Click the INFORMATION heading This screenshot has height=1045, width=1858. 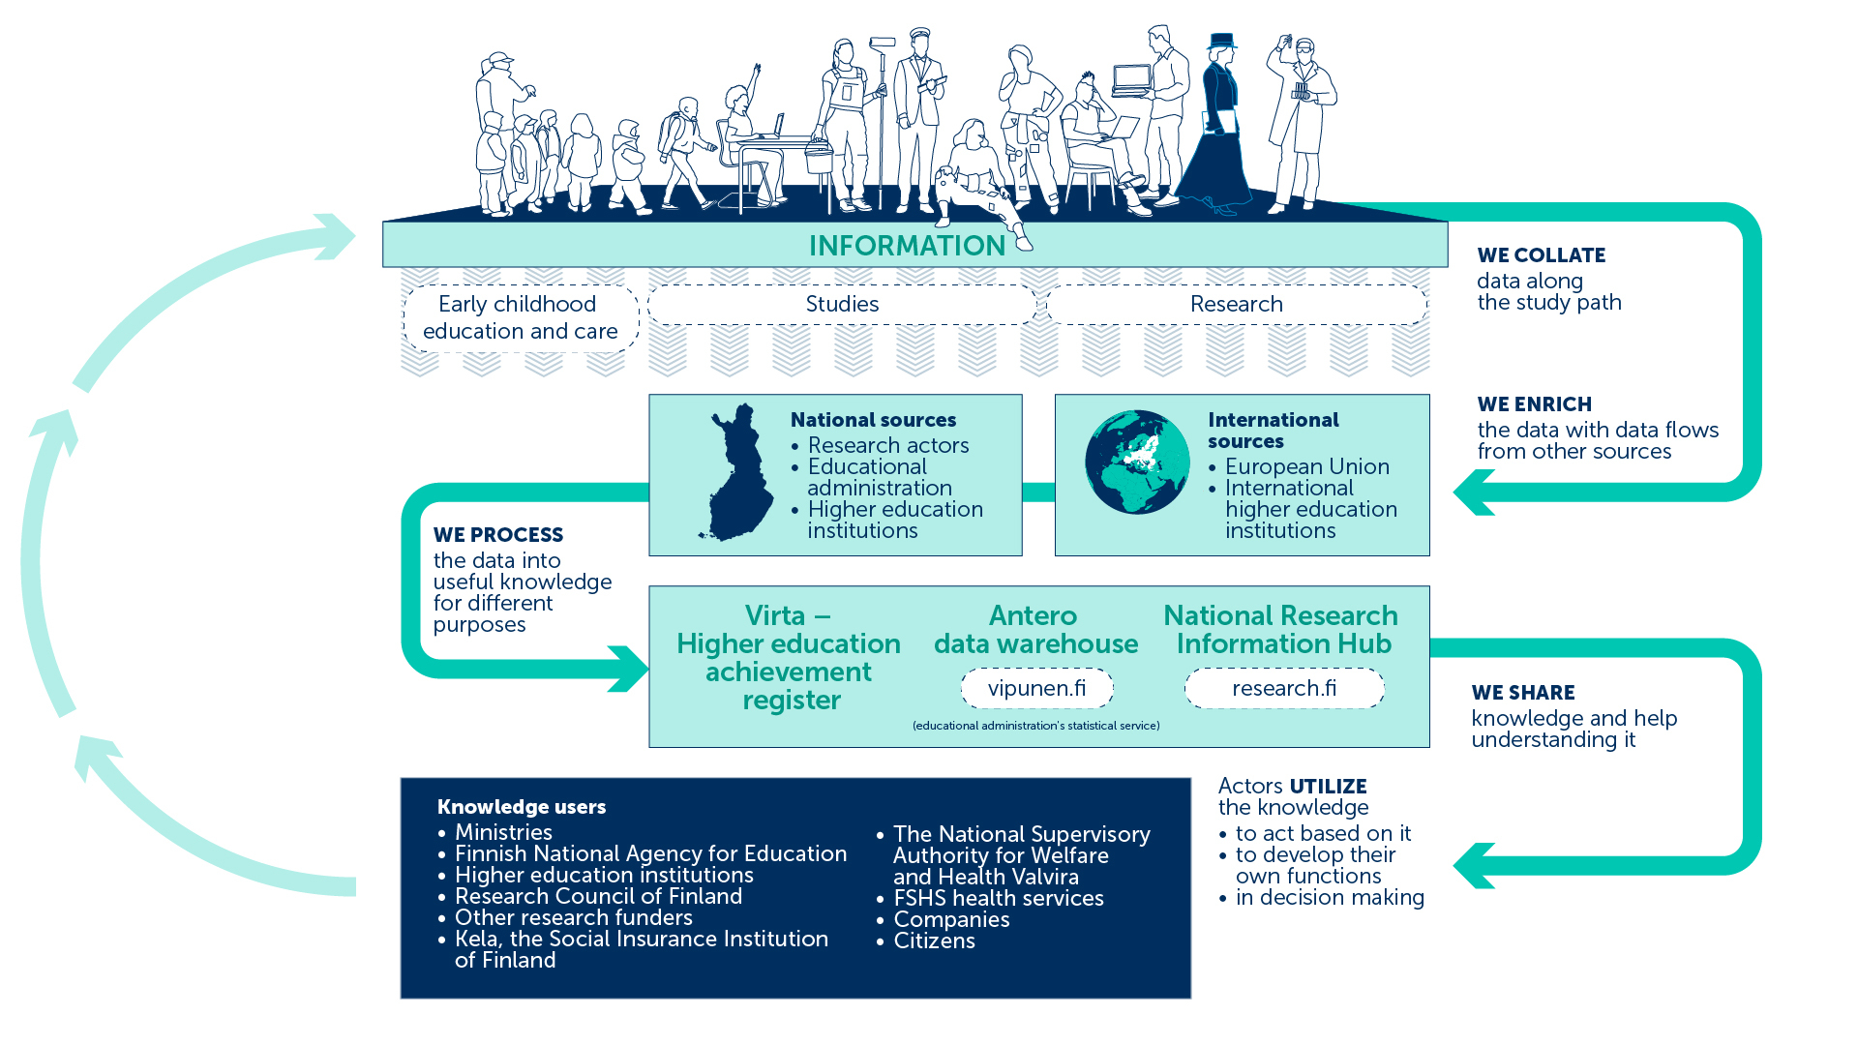(x=907, y=246)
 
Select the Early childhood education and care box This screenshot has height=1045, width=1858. (x=521, y=317)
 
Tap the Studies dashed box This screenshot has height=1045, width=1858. (x=842, y=304)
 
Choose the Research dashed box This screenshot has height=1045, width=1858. (x=1237, y=304)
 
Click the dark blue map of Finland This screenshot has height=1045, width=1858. (x=737, y=473)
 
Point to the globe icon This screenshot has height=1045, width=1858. (x=1137, y=462)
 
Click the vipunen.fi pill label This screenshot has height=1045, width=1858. (x=1036, y=688)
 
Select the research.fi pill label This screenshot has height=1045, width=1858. (x=1284, y=688)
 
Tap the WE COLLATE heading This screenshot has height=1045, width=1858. (x=1541, y=255)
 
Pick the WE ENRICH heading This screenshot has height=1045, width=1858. (x=1534, y=404)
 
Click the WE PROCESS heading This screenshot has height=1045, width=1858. (x=497, y=535)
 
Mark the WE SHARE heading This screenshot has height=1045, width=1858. (x=1522, y=693)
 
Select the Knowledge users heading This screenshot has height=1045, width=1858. (x=521, y=807)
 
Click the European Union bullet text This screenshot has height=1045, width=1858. (x=1306, y=466)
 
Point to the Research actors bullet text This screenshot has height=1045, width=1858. (x=887, y=445)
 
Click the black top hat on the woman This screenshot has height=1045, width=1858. (x=1222, y=41)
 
